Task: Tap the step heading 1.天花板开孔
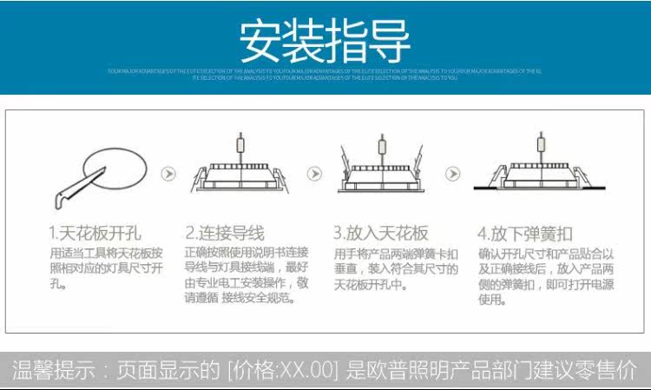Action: tap(95, 233)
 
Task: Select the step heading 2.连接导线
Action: tap(224, 233)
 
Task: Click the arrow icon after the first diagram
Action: tap(169, 174)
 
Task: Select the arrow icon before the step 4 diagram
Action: tap(452, 174)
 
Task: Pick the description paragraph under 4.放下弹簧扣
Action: tap(545, 276)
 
